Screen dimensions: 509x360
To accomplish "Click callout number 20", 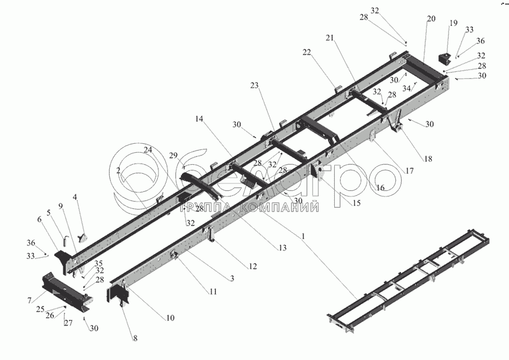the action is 432,19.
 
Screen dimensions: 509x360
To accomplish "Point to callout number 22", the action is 307,52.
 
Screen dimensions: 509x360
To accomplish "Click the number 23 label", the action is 255,85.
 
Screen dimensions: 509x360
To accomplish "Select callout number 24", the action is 148,149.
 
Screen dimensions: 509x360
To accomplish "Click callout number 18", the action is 428,159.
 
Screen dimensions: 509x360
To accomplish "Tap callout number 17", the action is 409,170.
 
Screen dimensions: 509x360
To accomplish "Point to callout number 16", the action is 380,187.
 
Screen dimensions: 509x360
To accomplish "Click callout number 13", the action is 282,247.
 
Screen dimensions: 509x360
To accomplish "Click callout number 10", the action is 170,318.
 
